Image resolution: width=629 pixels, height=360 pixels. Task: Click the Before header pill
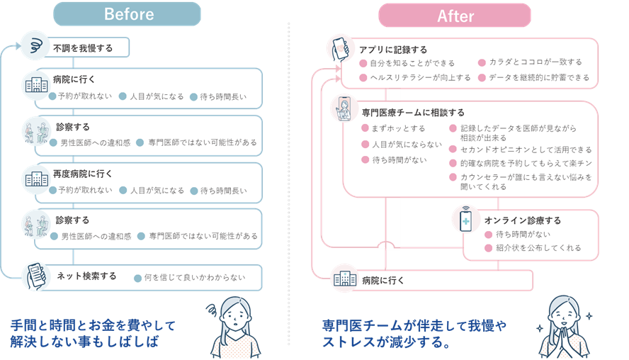[129, 14]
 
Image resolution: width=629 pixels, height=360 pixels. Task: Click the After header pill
[455, 15]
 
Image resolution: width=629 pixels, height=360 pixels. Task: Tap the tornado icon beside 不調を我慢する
[34, 46]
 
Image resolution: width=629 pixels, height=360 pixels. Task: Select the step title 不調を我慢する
[82, 49]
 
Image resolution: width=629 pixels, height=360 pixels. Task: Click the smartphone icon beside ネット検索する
[35, 276]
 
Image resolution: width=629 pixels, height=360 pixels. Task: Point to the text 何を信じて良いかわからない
[194, 278]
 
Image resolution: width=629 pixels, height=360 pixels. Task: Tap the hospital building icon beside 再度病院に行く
[35, 178]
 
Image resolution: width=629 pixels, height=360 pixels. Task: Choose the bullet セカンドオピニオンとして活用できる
[526, 150]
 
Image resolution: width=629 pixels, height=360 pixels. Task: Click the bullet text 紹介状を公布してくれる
[538, 248]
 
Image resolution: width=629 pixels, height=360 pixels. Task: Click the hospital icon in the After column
[345, 279]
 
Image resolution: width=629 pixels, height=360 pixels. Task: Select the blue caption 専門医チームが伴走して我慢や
[414, 326]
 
